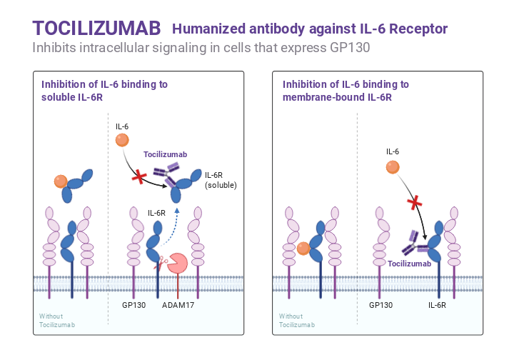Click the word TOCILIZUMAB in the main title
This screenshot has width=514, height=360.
97,28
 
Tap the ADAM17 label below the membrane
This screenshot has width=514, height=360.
178,305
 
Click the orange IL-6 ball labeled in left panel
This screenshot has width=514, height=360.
122,141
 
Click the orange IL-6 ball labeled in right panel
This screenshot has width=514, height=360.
393,167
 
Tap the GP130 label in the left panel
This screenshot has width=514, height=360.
133,305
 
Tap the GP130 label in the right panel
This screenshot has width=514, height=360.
381,305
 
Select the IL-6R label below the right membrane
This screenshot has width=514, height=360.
437,305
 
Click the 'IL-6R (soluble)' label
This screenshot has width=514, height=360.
221,180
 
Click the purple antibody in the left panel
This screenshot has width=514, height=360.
168,171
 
